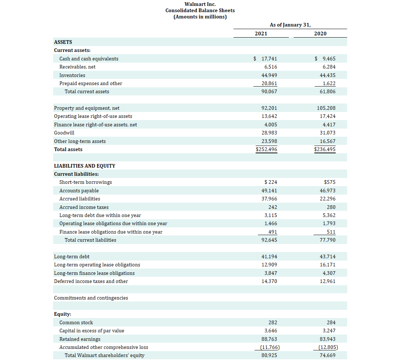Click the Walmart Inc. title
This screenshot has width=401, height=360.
click(x=200, y=4)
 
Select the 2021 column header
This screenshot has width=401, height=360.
click(x=261, y=34)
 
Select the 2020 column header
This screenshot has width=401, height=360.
click(x=320, y=34)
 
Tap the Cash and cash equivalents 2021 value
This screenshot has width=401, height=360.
click(x=269, y=59)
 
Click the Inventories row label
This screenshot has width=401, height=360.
click(x=72, y=75)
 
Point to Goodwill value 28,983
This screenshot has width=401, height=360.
click(x=269, y=133)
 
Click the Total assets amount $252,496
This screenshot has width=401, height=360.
click(x=266, y=149)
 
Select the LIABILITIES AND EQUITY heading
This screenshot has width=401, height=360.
click(x=84, y=166)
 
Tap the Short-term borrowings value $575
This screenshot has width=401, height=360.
click(x=329, y=182)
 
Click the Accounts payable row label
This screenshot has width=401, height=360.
click(x=79, y=191)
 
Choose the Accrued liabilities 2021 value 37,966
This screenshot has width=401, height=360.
click(x=269, y=199)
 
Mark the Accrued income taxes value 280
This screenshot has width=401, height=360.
click(x=331, y=207)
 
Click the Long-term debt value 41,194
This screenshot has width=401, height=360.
click(x=269, y=256)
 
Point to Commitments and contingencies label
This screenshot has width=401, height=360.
click(x=91, y=298)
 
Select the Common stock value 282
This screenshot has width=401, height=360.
click(x=273, y=322)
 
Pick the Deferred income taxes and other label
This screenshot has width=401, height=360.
click(x=91, y=281)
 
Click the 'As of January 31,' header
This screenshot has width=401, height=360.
click(x=290, y=25)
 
